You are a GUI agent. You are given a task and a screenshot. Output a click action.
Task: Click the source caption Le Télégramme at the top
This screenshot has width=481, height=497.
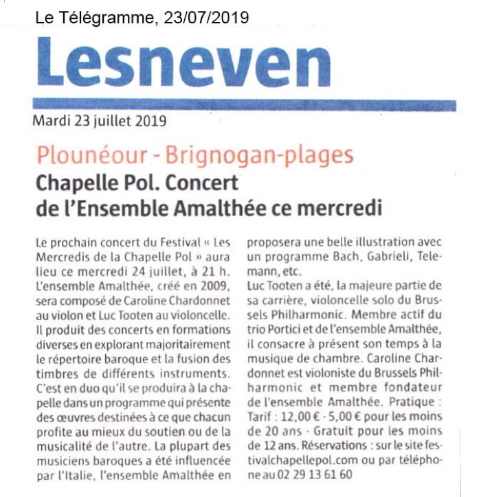[96, 16]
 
